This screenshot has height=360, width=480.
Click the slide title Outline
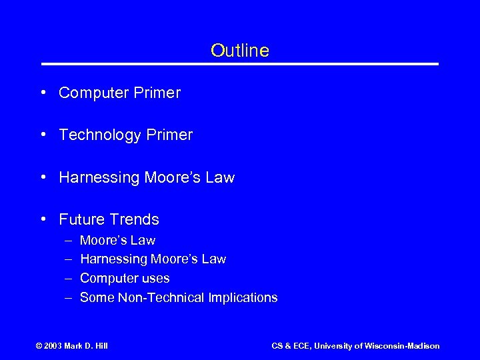239,51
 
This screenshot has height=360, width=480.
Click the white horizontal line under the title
240,64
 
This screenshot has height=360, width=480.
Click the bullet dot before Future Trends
43,219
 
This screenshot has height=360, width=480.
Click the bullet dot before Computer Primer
43,93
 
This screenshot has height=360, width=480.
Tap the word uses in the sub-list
155,278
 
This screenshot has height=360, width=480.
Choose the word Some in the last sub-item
97,297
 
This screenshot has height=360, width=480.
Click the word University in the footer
336,345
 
